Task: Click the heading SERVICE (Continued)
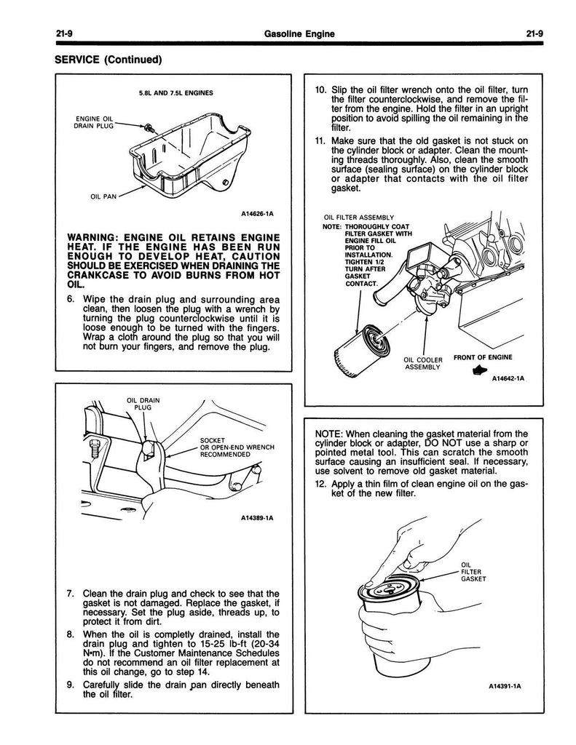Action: [107, 59]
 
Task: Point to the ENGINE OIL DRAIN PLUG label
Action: [95, 122]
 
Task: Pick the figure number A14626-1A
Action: [257, 214]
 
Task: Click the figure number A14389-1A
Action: [257, 519]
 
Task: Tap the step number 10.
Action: [320, 90]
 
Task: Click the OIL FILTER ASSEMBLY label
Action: [358, 217]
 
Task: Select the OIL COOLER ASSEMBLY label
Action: [422, 363]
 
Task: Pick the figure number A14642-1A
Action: [508, 379]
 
